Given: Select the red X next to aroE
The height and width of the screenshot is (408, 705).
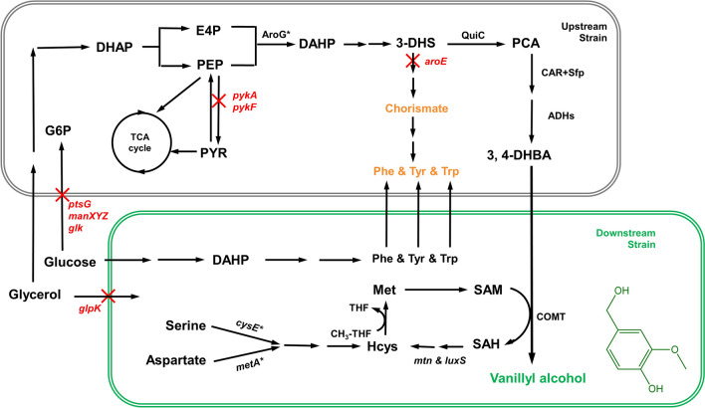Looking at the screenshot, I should click(x=411, y=63).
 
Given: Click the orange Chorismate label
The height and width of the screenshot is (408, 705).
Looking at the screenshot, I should click(x=411, y=105).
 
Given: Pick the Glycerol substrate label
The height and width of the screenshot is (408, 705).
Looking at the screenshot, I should click(x=36, y=296).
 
